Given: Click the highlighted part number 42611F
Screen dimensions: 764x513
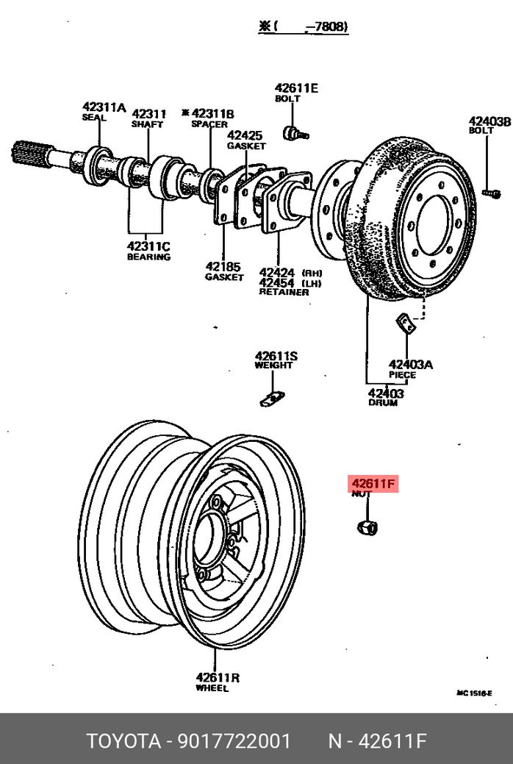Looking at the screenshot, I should click(x=373, y=484).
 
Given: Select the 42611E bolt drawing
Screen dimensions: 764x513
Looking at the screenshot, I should click(x=295, y=133).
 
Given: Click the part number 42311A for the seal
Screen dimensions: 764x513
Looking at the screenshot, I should click(x=104, y=108).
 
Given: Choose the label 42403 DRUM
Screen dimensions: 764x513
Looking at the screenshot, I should click(x=386, y=398).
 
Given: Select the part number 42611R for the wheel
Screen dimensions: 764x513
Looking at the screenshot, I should click(x=218, y=677).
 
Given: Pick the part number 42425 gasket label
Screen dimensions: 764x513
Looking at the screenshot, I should click(x=245, y=135).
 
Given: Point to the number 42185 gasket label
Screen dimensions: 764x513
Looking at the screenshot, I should click(x=223, y=266).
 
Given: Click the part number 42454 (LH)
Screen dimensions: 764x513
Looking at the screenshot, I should click(x=276, y=282).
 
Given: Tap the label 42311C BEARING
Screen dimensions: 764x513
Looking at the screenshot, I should click(x=148, y=251).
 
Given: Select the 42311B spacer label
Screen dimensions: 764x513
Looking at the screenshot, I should click(x=212, y=114).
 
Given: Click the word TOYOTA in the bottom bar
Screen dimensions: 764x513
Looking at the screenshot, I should click(x=123, y=740).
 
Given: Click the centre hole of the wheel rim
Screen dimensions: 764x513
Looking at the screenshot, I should click(x=212, y=536).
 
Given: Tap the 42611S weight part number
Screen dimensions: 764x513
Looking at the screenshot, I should click(x=276, y=357).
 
